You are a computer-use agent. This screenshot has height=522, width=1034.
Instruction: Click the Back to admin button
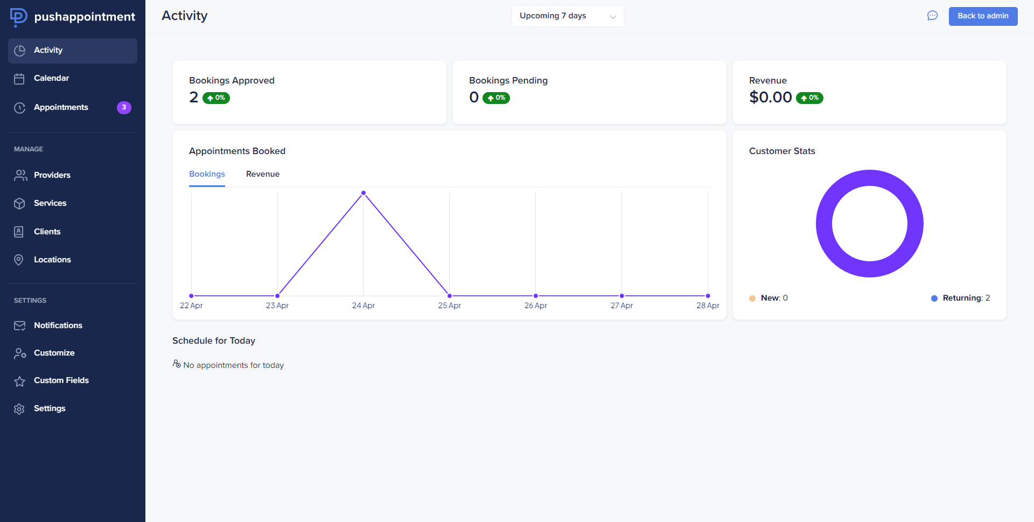tap(983, 16)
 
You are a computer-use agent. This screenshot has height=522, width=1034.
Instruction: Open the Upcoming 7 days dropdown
tap(567, 16)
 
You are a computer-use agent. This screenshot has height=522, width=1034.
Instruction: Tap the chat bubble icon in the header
tap(932, 16)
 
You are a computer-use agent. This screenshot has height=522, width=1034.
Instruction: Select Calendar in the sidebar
tap(51, 78)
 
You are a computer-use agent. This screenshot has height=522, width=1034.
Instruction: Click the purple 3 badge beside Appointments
tap(124, 107)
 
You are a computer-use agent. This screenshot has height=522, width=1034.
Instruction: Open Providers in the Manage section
tap(52, 175)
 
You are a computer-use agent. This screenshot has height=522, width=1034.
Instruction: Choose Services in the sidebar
tap(50, 203)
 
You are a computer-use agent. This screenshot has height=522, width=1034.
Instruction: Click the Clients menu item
tap(47, 232)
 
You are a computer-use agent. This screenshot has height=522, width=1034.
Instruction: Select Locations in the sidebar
tap(52, 260)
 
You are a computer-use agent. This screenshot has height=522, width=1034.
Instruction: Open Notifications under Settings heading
tap(58, 325)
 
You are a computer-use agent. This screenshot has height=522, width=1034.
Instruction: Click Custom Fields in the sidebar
tap(61, 380)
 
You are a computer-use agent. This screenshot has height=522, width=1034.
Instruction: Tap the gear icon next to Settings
tap(19, 409)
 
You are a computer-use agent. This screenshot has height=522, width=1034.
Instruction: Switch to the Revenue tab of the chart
tap(263, 174)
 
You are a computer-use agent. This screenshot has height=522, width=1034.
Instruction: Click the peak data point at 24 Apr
tap(364, 193)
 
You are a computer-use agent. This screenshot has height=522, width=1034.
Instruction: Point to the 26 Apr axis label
tap(535, 305)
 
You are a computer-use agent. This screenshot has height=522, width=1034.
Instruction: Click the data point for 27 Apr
tap(621, 296)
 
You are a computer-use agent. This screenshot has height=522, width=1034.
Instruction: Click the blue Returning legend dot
tap(934, 298)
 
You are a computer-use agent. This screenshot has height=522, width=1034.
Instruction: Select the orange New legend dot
tap(752, 298)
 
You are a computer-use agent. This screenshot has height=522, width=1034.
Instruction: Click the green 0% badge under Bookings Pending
tap(496, 98)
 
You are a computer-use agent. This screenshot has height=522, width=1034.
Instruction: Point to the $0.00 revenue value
tap(770, 98)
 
